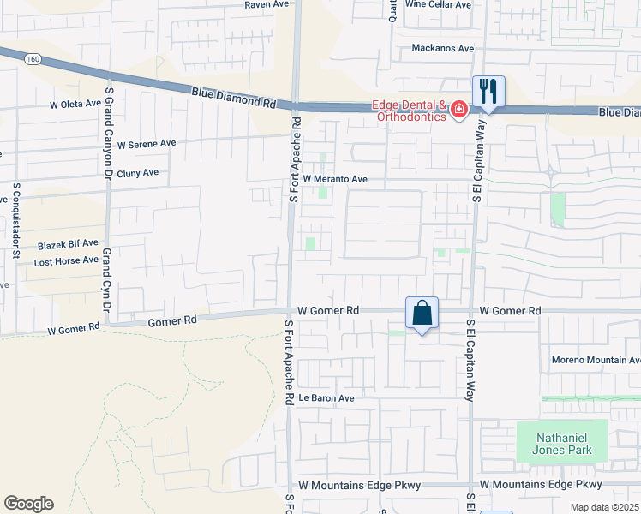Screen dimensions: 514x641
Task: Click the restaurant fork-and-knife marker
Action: (x=488, y=92)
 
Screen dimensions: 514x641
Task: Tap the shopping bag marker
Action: (x=422, y=314)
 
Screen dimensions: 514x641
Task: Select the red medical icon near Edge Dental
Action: (x=458, y=109)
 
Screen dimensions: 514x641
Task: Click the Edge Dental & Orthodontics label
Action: (x=409, y=111)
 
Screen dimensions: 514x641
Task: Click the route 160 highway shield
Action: (x=33, y=58)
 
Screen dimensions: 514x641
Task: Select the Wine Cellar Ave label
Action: (x=438, y=4)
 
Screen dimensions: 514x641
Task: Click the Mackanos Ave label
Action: (x=442, y=49)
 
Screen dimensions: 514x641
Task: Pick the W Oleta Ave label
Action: (x=76, y=105)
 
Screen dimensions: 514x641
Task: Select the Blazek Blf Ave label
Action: (x=68, y=245)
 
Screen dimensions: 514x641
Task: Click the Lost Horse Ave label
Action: (x=66, y=260)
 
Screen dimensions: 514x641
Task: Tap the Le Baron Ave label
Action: (x=326, y=398)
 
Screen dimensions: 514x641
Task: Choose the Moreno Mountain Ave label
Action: (x=596, y=360)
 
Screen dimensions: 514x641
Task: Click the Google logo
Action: (x=28, y=504)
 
